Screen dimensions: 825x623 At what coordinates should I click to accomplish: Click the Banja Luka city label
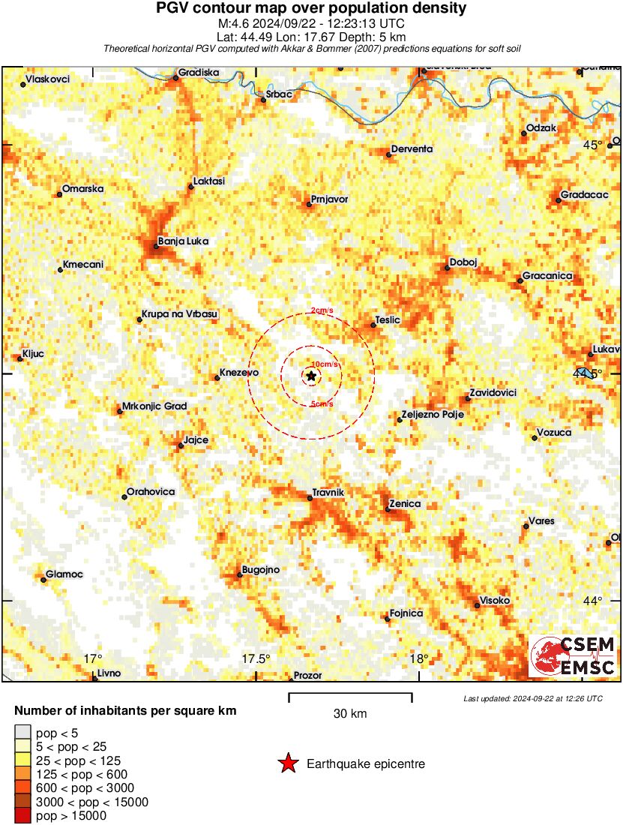tap(184, 241)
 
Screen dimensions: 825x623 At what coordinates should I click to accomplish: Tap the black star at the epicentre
tap(311, 376)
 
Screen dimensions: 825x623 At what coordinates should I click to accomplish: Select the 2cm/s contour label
tap(322, 310)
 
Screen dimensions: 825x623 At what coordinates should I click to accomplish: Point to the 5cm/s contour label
tap(322, 404)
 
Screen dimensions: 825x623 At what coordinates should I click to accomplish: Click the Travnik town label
tap(328, 492)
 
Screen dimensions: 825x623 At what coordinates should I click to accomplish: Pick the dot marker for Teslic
tap(374, 325)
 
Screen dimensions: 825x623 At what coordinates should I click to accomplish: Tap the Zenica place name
tap(406, 504)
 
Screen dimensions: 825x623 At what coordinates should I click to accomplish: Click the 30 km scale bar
tap(350, 698)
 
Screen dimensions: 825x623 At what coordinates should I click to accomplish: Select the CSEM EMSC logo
tap(574, 656)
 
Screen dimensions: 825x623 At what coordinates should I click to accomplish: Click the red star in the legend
tap(287, 764)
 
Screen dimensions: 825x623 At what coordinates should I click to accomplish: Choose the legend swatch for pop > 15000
tap(22, 816)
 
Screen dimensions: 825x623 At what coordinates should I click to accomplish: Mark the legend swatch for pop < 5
tap(22, 733)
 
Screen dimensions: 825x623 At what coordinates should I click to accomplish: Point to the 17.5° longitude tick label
tap(256, 659)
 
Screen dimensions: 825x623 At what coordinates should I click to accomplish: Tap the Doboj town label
tap(463, 262)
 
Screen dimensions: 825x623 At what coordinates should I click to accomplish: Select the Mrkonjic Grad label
tap(154, 406)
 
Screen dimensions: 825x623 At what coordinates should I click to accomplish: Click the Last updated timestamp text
tap(533, 698)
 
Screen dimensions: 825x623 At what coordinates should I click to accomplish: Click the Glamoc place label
tap(64, 574)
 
